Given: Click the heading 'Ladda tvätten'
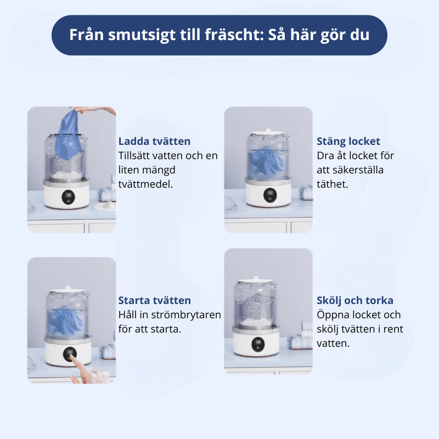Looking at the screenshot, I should pos(154,142).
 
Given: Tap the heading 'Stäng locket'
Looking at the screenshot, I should pos(348,142).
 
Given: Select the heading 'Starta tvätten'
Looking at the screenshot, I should pos(155,301).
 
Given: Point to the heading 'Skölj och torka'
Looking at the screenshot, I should pos(355,301).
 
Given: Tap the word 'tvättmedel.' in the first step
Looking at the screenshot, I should pos(145,184).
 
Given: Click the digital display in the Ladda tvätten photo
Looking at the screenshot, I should pos(69,195).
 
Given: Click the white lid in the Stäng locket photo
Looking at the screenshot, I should pos(268,134).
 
